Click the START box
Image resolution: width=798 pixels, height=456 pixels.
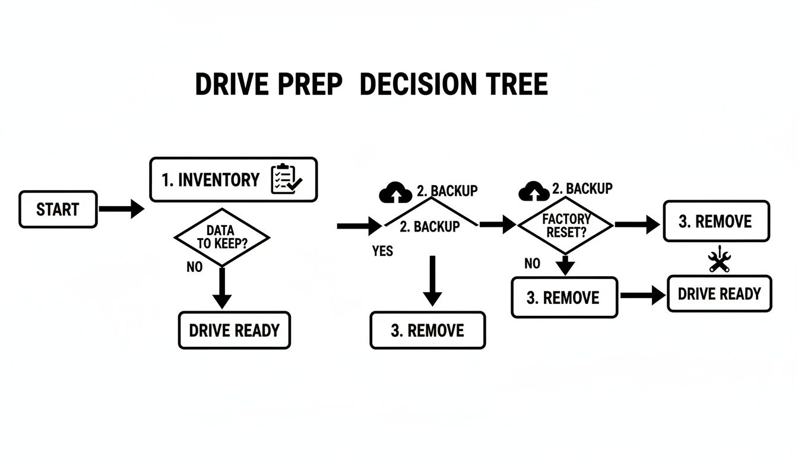coord(58,209)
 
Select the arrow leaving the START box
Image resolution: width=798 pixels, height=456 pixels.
coord(121,209)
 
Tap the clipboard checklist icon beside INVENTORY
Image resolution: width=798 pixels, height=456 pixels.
coord(286,179)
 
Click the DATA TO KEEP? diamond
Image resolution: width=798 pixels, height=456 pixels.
coord(221,237)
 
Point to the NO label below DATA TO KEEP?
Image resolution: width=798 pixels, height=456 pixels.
coord(194,267)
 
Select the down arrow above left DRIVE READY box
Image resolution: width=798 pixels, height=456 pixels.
coord(221,287)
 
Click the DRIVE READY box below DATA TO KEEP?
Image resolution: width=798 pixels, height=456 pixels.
coord(234,330)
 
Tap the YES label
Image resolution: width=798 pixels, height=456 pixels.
coord(382,251)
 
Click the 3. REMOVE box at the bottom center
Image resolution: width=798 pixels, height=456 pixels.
coord(427,330)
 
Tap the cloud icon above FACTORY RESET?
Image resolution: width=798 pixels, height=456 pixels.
coord(534,191)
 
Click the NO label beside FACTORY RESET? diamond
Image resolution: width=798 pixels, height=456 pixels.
coord(533,264)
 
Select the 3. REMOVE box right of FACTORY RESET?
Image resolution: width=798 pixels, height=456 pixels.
coord(715,221)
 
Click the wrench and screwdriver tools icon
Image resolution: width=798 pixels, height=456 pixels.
coord(720,259)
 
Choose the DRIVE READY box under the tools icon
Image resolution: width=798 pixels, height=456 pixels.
coord(719,294)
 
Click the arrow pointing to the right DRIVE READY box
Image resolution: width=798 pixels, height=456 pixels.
coord(643,295)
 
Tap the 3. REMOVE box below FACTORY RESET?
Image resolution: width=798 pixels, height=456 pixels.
coord(563,297)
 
